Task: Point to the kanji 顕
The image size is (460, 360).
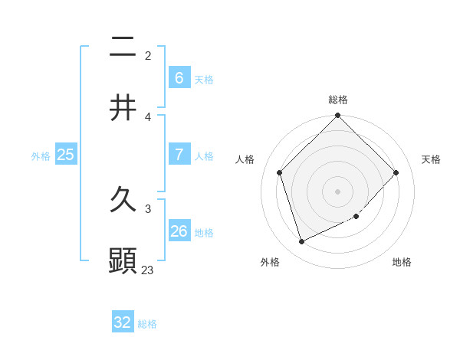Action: point(123,260)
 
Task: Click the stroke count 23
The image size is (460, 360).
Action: point(148,270)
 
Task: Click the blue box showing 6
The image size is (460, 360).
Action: point(179,77)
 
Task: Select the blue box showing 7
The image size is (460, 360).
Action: point(179,154)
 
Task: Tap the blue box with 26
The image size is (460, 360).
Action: point(179,231)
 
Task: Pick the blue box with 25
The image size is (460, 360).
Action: point(65,155)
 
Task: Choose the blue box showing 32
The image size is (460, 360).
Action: point(123,322)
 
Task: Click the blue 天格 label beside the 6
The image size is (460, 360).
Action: point(204,79)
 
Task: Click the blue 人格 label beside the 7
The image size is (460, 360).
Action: point(204,155)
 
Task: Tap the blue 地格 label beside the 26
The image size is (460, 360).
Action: point(204,232)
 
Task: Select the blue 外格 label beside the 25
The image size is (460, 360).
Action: point(41,155)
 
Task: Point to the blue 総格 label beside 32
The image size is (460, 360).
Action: point(147,324)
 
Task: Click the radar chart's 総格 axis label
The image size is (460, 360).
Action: point(338,100)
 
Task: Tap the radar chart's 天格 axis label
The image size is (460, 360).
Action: point(432,159)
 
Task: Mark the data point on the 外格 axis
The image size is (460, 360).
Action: point(301,242)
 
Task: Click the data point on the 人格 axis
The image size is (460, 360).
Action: point(280,172)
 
